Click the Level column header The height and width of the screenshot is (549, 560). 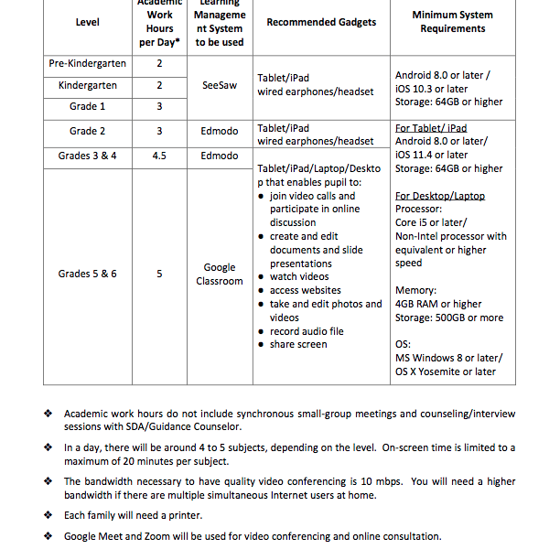tap(88, 22)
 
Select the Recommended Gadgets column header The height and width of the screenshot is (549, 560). tap(321, 22)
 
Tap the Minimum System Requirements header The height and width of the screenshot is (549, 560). tap(452, 22)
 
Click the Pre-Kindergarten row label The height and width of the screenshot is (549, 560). tap(88, 64)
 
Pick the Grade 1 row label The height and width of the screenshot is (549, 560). tap(88, 106)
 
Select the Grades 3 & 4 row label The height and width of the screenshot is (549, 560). tap(88, 156)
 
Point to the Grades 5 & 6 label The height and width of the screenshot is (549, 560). tap(88, 274)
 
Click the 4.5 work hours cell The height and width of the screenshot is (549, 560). tap(159, 156)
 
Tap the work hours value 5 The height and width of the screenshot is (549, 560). tap(159, 274)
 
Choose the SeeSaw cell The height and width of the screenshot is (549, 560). tap(220, 85)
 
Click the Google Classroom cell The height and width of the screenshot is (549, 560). tap(220, 274)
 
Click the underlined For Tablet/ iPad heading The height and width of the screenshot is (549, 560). tap(431, 128)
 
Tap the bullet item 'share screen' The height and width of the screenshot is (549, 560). tap(298, 344)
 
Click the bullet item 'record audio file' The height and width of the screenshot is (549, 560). tap(307, 331)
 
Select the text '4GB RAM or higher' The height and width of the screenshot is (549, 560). tap(438, 304)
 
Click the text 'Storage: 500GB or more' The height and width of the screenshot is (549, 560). tap(449, 318)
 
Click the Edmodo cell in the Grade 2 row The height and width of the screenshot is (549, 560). tap(220, 131)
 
